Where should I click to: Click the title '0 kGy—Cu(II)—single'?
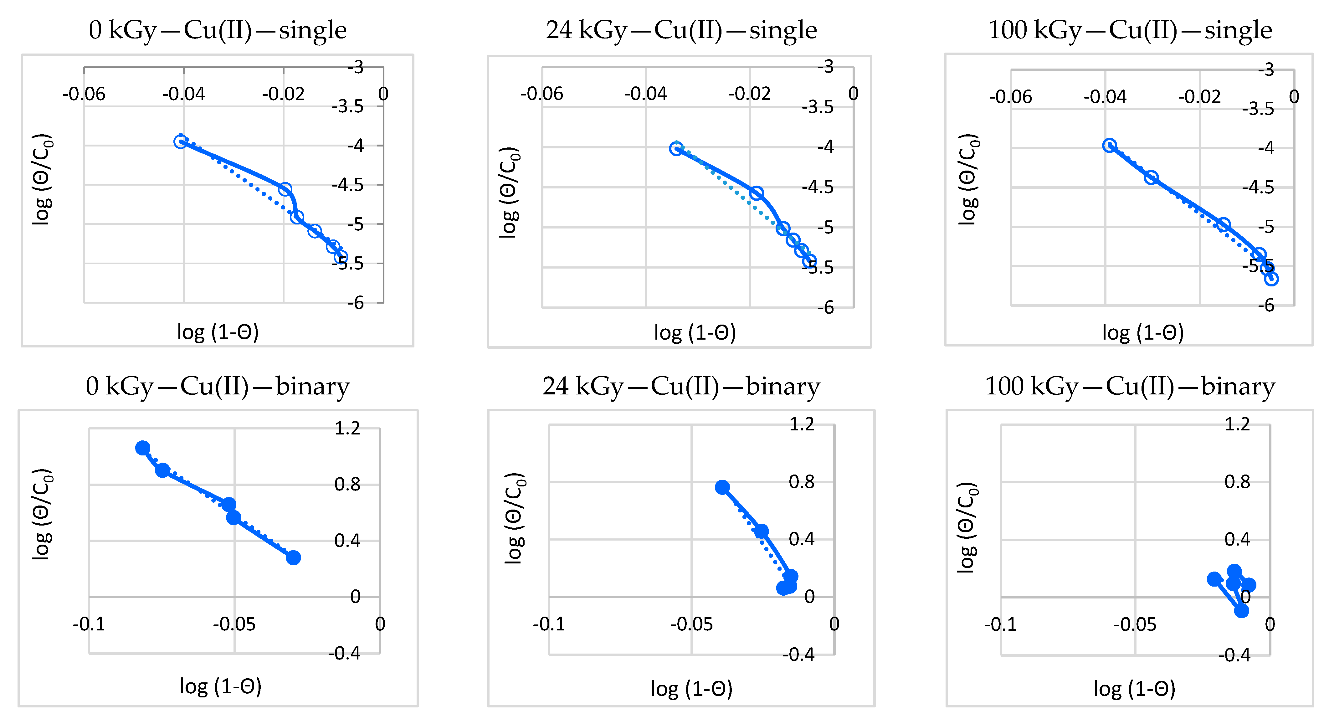217,30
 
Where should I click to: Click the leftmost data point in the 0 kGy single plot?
180,141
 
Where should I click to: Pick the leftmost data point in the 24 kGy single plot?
676,149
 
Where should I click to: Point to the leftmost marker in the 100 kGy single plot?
1109,146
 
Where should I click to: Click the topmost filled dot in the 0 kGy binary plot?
143,448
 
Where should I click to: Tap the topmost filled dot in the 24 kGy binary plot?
722,487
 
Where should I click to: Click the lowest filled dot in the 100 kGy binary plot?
1241,610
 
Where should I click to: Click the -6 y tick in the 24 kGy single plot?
825,308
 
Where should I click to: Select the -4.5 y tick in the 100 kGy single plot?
1258,187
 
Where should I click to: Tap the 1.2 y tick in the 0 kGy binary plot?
347,428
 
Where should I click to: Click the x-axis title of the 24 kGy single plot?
695,333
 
